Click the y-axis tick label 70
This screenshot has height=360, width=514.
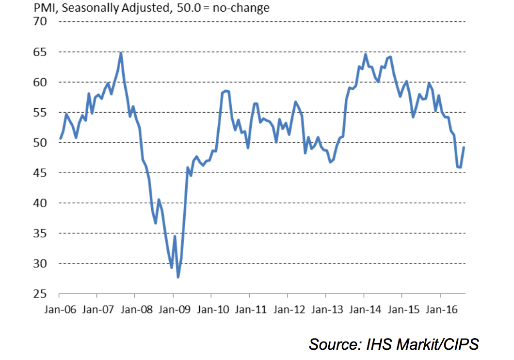pos(40,21)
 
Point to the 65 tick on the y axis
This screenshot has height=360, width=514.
pos(40,52)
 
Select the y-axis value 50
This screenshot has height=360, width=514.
pos(40,143)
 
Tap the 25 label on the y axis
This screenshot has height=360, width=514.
pos(40,294)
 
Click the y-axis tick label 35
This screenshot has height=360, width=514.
pos(40,233)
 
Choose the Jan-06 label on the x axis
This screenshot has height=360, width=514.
pos(59,309)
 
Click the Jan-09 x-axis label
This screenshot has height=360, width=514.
pos(173,309)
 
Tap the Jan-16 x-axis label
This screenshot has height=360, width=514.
pos(440,309)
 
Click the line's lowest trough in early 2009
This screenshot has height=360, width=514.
pos(178,277)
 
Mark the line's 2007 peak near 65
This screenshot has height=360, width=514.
pos(121,53)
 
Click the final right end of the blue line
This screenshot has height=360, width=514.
pos(464,147)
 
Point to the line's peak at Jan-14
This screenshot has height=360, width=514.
pos(365,54)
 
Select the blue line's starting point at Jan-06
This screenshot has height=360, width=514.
pos(60,139)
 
